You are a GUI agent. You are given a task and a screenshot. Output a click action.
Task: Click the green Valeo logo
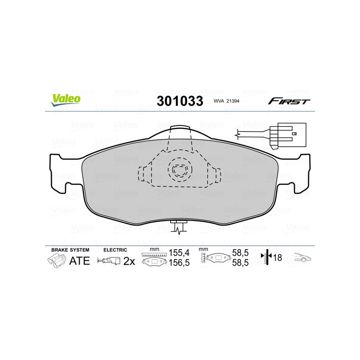coord(66,100)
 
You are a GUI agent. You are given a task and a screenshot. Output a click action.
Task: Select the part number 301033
coord(180,101)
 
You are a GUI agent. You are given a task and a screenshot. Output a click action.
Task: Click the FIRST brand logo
coord(289,101)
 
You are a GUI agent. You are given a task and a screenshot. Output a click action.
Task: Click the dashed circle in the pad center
coord(179,171)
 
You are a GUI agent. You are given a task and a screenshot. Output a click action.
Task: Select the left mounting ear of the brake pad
coord(63,173)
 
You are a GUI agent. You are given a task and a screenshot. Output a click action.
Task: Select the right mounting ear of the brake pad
coord(297,173)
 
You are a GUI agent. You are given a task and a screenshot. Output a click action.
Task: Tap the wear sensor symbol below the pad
coord(179,228)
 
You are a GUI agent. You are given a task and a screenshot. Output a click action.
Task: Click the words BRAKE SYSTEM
coord(70,249)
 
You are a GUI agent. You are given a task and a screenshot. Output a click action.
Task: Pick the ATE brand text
coord(80,261)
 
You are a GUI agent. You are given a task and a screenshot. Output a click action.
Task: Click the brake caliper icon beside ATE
coord(56,261)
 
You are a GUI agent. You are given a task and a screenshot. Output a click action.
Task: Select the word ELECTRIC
coord(115,249)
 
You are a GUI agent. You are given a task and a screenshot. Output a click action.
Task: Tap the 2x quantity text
coord(130,261)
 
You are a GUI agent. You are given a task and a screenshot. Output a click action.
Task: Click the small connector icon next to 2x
coord(109,261)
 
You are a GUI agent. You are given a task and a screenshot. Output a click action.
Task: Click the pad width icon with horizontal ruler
coord(153,260)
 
